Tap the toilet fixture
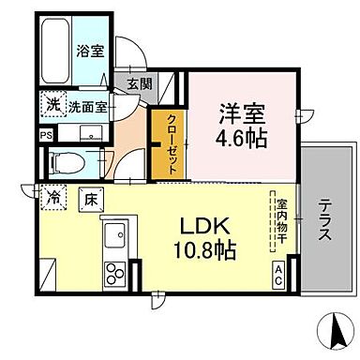pos(67,160)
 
